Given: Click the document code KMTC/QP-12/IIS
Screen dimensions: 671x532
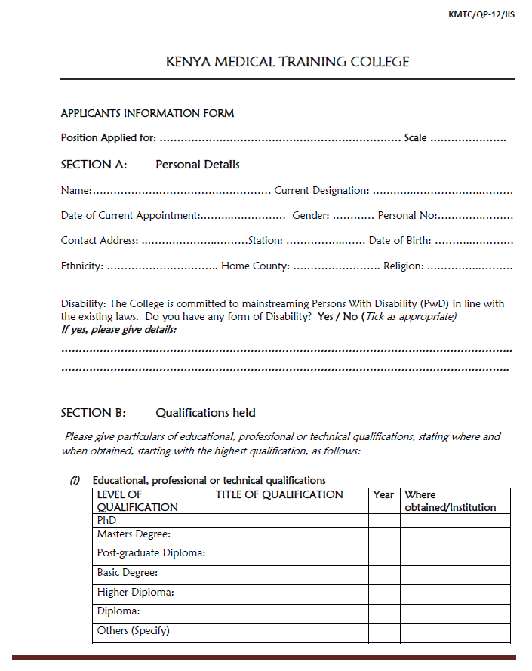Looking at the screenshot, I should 481,14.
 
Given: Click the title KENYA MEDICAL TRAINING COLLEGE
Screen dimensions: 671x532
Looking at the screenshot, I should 288,62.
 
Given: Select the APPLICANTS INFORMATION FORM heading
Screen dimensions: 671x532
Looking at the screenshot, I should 147,113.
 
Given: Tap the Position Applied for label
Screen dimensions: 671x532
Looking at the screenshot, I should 109,137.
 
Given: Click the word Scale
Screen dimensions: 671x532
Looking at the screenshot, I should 415,137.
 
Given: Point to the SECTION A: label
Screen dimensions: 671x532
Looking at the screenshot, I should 94,164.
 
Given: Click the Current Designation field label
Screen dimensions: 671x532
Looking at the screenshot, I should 321,190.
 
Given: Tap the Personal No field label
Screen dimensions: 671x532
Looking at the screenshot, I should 407,215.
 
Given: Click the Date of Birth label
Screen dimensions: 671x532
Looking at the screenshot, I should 400,240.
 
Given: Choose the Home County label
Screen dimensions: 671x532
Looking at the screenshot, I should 255,266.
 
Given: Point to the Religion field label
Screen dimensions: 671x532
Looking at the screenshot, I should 403,266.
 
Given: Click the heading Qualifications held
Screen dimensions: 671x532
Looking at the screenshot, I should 205,413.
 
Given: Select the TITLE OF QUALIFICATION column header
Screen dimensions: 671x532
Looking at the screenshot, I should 279,494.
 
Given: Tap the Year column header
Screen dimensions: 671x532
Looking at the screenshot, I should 383,494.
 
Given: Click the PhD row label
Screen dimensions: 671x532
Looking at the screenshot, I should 107,520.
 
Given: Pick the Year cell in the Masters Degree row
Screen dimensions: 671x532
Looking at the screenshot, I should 384,536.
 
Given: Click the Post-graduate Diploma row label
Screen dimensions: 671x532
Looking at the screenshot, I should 152,553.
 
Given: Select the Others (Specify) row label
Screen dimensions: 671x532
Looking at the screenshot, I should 134,630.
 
